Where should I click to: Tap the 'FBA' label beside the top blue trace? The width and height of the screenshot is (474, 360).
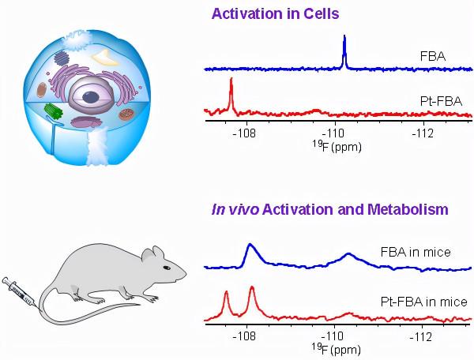(x=434, y=57)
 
